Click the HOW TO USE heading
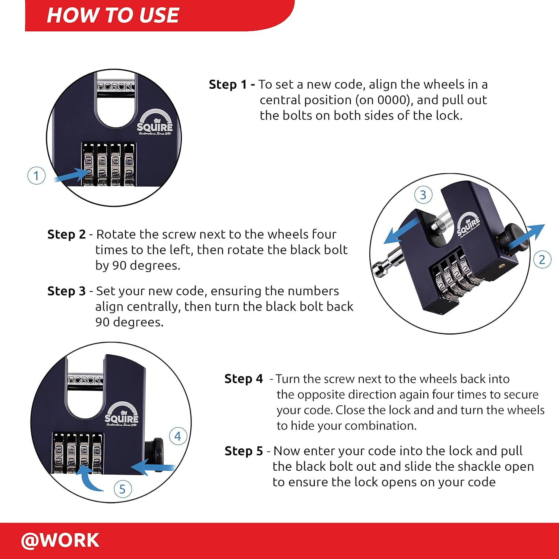(x=113, y=15)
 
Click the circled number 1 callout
(x=37, y=176)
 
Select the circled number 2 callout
(x=542, y=259)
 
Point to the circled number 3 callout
(x=423, y=195)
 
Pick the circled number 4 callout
(x=178, y=436)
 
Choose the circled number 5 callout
(x=123, y=489)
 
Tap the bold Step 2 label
(x=67, y=234)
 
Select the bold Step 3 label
(x=67, y=291)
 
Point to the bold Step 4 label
(x=244, y=379)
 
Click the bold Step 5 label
(x=244, y=451)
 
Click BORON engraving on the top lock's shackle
(x=115, y=87)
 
